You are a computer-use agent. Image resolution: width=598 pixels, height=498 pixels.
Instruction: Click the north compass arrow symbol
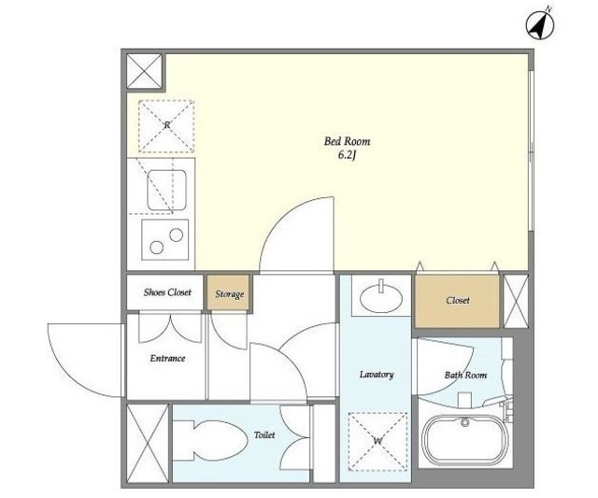[540, 24]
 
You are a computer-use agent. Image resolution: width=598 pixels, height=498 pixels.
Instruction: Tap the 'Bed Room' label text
[347, 141]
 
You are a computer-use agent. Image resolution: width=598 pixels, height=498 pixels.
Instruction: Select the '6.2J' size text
[347, 156]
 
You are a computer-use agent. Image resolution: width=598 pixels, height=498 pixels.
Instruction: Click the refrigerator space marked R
[166, 126]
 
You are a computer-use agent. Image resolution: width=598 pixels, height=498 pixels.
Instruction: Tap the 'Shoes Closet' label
[167, 292]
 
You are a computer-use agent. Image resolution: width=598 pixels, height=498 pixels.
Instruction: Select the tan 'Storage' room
[229, 293]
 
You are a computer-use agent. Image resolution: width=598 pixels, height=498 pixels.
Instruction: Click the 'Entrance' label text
[167, 359]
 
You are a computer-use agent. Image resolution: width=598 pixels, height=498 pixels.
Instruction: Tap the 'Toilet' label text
[264, 435]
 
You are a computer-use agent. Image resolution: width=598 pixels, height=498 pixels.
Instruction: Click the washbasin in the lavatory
[381, 299]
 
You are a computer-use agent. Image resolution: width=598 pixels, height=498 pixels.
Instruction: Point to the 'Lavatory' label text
[377, 375]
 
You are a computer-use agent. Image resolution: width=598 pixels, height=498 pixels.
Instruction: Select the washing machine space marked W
[377, 441]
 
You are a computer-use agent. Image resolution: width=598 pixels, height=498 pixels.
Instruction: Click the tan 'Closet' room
[457, 301]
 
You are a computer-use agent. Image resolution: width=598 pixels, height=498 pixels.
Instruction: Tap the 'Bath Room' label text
[465, 376]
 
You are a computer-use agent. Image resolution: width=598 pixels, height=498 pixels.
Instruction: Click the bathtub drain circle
[464, 422]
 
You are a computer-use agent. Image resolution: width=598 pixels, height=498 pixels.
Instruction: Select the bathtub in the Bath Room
[464, 441]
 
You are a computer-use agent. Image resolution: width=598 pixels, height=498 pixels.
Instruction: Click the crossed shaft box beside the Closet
[516, 301]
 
